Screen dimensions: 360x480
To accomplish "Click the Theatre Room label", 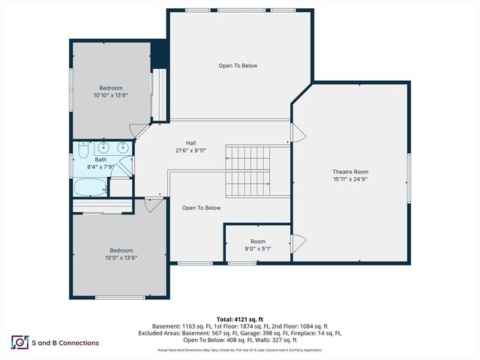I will (349, 171).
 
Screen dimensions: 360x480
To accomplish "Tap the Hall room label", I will (191, 143).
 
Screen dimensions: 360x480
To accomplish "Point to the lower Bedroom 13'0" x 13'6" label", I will (121, 250).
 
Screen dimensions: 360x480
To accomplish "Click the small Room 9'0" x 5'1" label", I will (258, 241).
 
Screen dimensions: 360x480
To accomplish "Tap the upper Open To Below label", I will (238, 66).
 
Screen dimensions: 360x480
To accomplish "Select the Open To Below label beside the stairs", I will (201, 208).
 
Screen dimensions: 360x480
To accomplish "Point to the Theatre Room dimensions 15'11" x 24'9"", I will (349, 179).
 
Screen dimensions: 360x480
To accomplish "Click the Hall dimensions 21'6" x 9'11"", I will (191, 151).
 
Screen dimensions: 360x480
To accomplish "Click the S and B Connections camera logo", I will (16, 342).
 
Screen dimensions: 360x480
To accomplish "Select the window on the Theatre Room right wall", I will (409, 178).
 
